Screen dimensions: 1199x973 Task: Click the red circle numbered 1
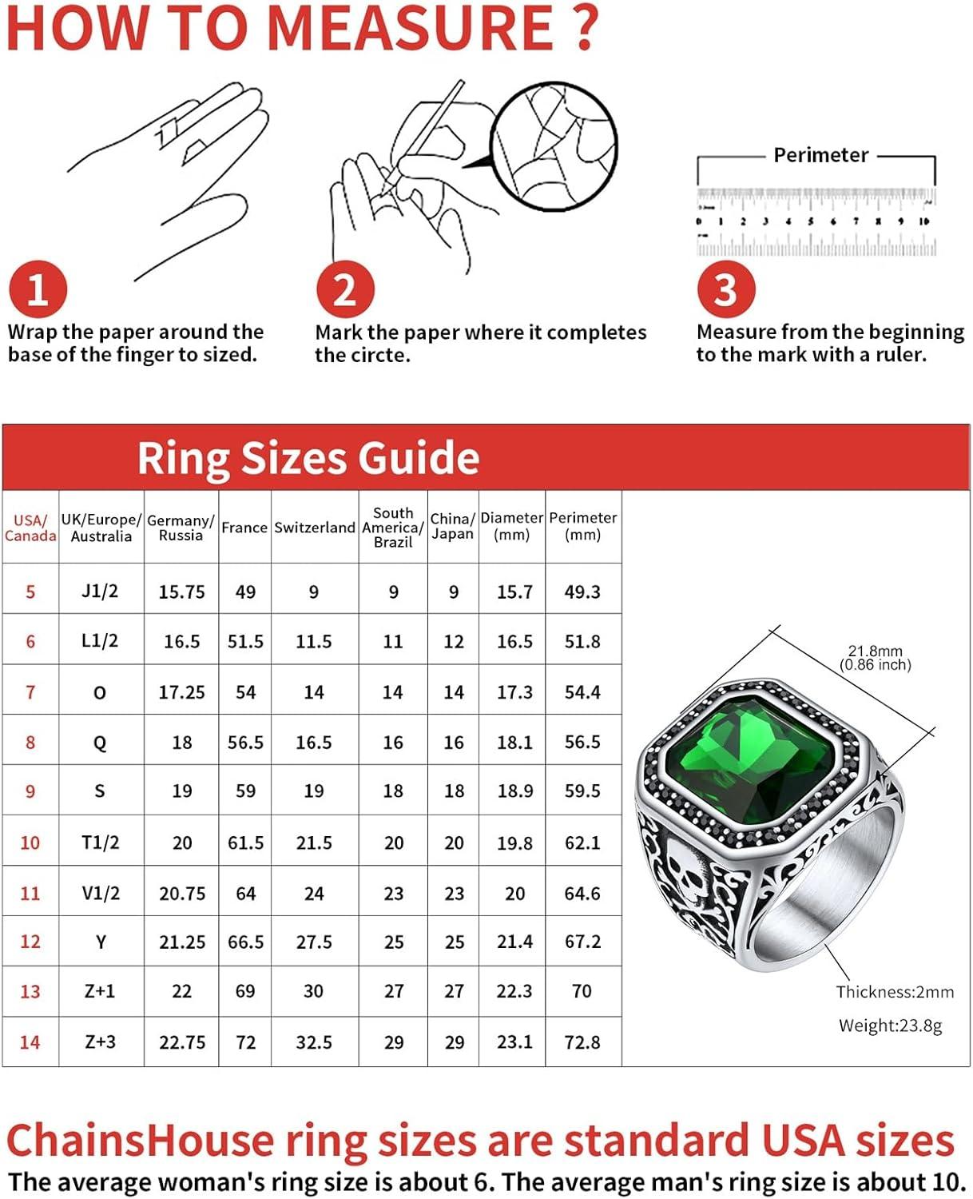37,289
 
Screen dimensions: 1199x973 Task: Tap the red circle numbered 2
344,289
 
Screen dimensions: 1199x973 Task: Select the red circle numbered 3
725,289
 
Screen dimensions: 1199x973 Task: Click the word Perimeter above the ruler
820,155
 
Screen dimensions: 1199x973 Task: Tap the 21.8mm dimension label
875,651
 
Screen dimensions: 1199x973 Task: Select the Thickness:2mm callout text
895,992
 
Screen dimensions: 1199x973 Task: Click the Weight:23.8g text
890,1026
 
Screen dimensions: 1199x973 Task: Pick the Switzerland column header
314,528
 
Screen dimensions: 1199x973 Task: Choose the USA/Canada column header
30,528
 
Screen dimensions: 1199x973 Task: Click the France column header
244,528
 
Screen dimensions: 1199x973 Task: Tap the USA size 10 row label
30,842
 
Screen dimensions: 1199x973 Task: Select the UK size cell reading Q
100,743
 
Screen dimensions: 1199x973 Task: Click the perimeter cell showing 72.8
582,1042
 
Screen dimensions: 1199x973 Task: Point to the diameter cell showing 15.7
514,592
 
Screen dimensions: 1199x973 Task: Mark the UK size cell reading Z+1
100,991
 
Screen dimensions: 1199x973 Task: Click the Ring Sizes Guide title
308,458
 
